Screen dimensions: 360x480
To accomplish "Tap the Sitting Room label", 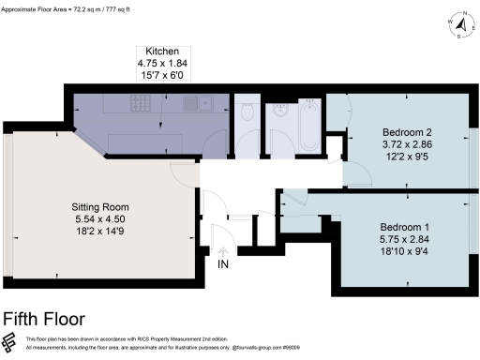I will (100, 206).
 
